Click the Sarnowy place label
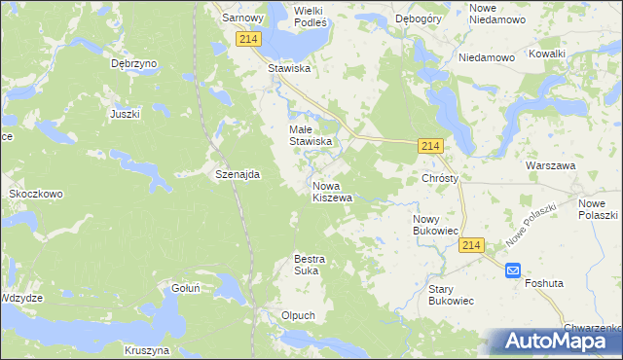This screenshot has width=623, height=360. point(243,18)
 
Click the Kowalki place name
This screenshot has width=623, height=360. point(547,54)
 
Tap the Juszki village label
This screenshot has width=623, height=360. point(126,114)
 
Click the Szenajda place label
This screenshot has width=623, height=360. point(238,174)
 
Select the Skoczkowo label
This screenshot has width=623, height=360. point(36,194)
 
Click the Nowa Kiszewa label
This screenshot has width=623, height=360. point(332,192)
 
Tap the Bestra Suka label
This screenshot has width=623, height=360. point(310,265)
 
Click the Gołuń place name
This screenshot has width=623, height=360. point(185,288)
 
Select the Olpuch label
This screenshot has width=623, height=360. point(298,315)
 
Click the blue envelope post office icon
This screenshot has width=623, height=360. point(513,272)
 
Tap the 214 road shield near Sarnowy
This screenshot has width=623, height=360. point(247,38)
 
